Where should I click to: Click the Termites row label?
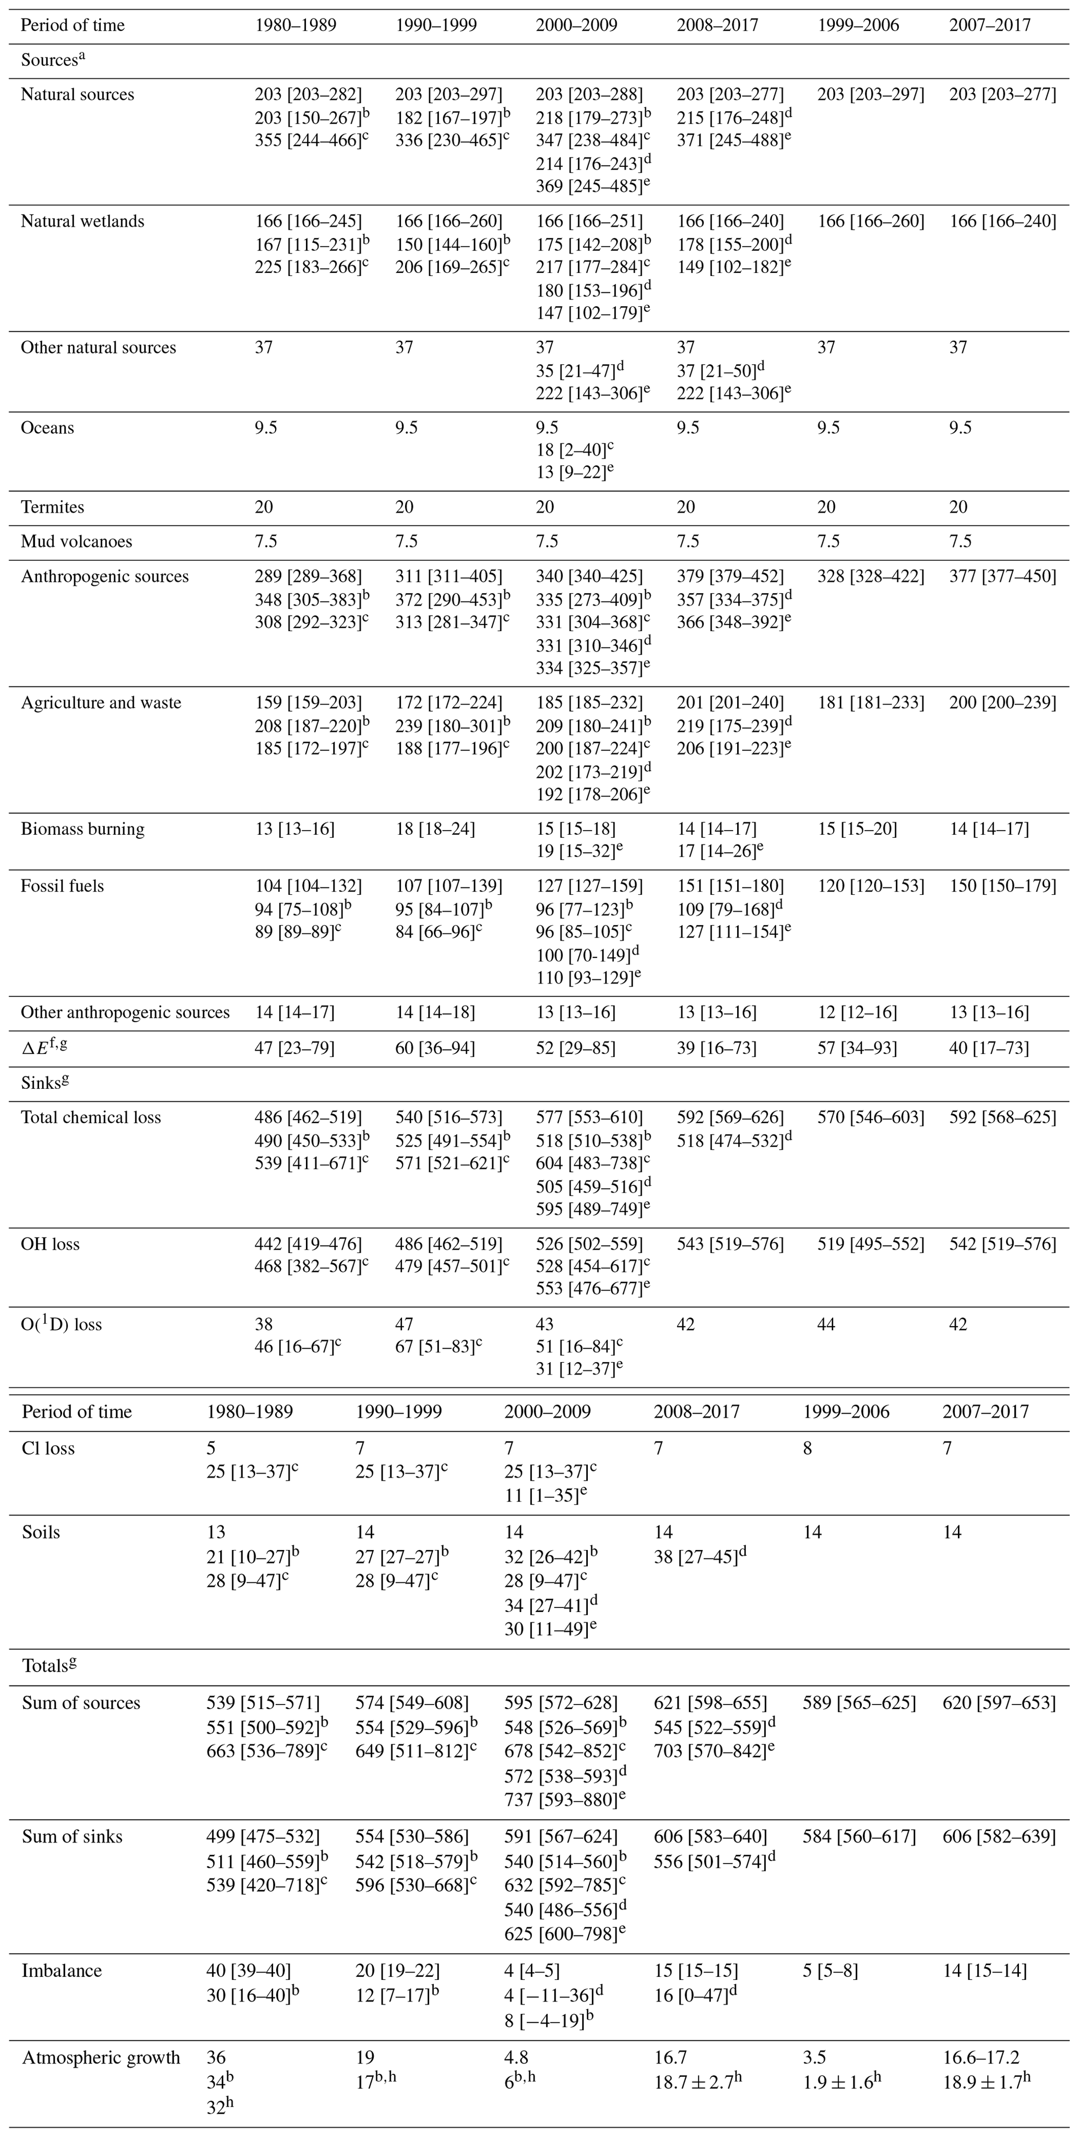click(x=52, y=507)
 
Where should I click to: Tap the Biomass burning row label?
click(x=82, y=828)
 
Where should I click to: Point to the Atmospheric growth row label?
click(x=101, y=2051)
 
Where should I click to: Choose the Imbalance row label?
click(x=62, y=1970)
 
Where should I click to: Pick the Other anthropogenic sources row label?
click(x=125, y=1012)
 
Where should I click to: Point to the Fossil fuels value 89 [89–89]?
click(x=295, y=932)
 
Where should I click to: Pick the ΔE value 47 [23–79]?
click(x=294, y=1048)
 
